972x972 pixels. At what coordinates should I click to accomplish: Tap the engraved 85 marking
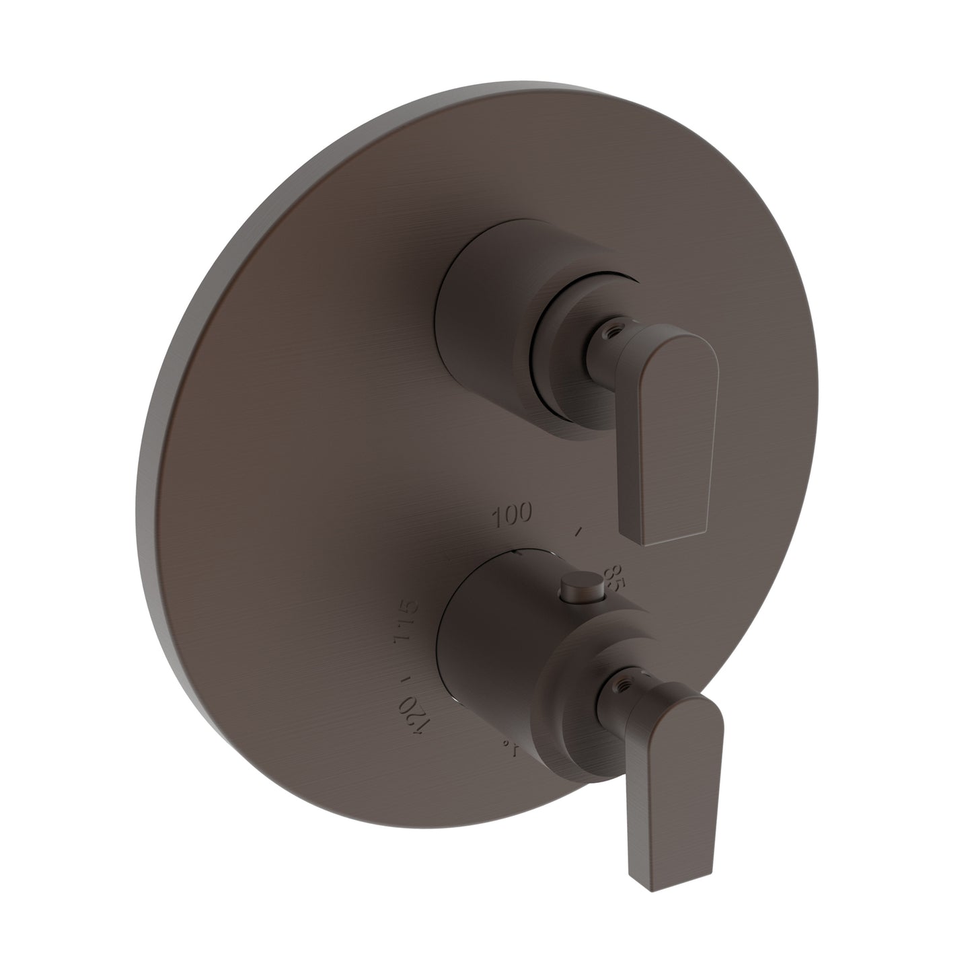614,577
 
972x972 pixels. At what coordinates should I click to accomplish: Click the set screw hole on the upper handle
613,312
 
